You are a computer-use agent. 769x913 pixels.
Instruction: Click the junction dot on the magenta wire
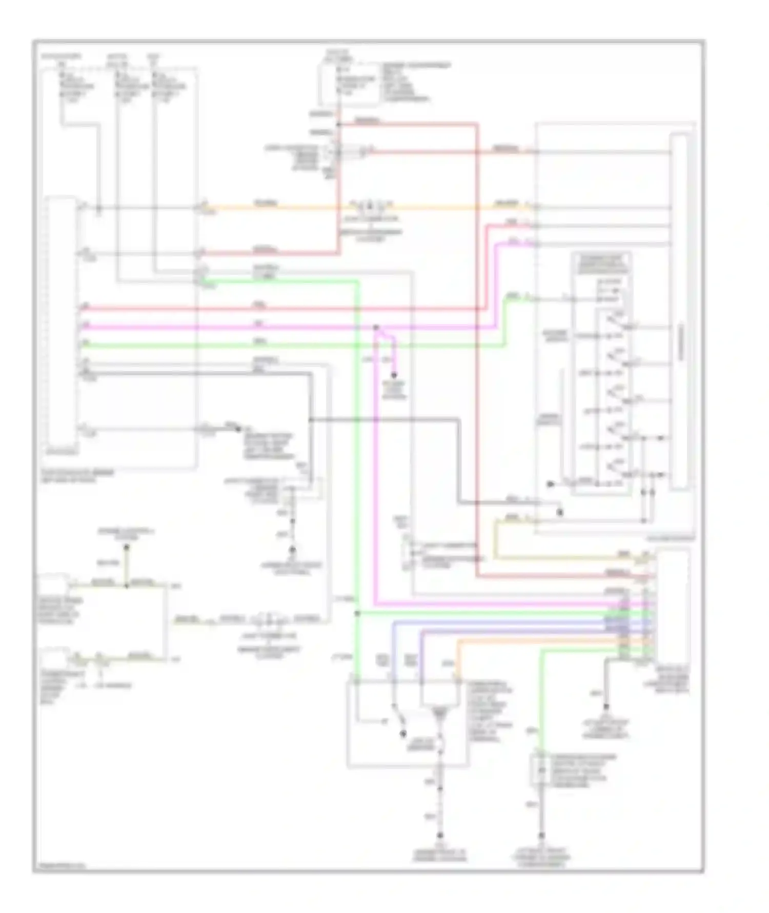click(376, 327)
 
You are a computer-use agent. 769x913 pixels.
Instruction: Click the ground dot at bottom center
click(440, 835)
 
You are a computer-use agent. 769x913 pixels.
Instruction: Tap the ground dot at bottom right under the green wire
click(541, 835)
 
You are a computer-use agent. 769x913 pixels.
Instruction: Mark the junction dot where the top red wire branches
click(338, 125)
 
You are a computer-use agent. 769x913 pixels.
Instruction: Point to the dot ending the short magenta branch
click(394, 376)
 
